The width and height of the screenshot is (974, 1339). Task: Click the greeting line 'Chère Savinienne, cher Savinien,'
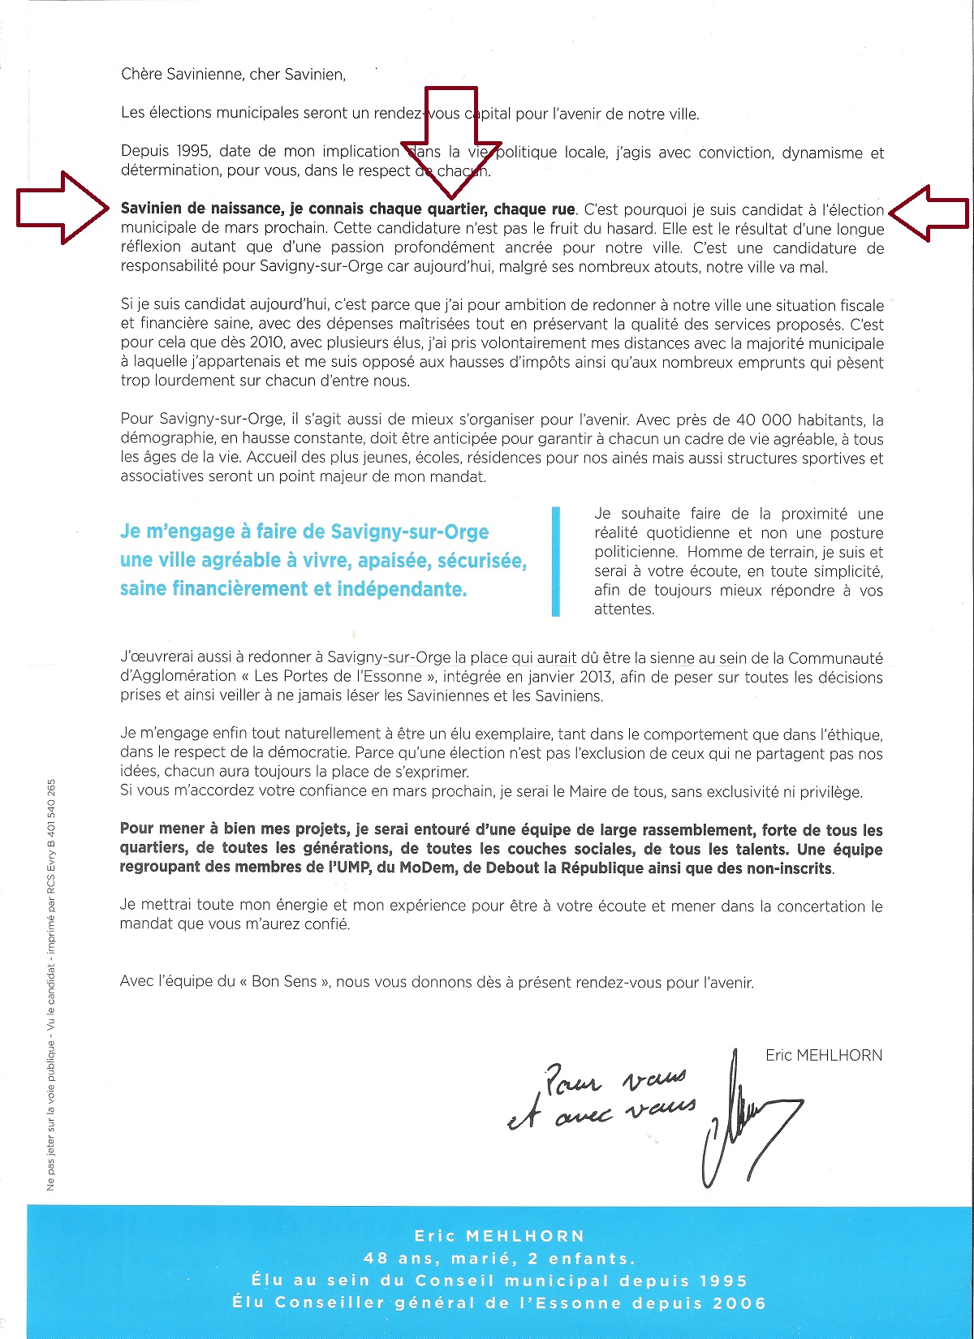click(233, 75)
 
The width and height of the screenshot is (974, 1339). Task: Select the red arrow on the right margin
click(929, 213)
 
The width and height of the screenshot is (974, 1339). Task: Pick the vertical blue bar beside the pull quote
click(556, 561)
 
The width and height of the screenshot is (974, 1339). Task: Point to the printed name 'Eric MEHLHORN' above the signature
click(823, 1055)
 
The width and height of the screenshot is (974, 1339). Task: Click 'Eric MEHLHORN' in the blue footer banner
click(499, 1236)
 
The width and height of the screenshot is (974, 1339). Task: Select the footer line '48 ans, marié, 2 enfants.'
click(499, 1259)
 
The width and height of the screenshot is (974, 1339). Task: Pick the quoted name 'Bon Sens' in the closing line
click(284, 982)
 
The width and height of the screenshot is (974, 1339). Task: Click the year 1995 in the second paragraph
click(170, 152)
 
